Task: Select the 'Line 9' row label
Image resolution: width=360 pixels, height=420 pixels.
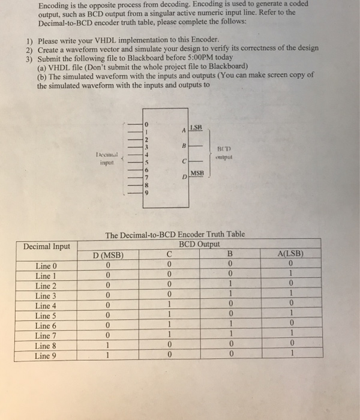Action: [47, 355]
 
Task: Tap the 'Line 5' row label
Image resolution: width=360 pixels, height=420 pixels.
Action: [47, 316]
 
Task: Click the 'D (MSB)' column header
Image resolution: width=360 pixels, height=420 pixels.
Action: [107, 256]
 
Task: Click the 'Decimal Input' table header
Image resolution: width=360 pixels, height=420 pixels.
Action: [46, 246]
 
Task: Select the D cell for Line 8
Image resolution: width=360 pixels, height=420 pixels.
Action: [107, 346]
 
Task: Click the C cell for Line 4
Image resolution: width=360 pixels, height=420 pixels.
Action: [170, 306]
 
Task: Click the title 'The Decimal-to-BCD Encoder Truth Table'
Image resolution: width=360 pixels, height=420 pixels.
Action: [175, 235]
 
